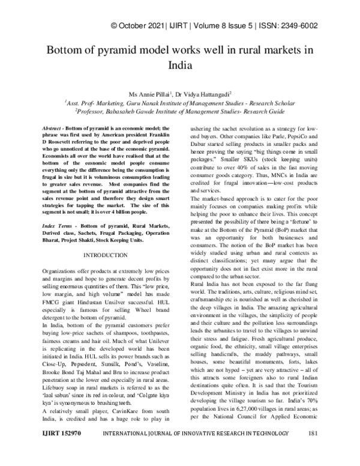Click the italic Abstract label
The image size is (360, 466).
55,130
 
